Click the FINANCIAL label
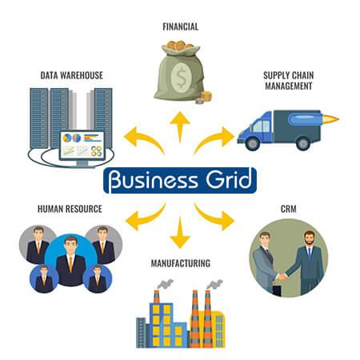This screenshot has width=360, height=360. [181, 26]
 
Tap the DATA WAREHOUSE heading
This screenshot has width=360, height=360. [72, 75]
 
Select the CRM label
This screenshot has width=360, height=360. [289, 209]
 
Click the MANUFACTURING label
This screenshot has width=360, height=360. [181, 263]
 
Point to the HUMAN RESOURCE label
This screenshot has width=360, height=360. [70, 209]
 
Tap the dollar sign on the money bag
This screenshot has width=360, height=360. [182, 78]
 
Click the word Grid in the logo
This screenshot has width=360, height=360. [229, 179]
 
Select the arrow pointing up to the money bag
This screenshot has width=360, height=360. [180, 126]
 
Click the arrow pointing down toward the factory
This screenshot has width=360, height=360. [180, 233]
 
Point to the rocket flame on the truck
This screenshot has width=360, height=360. [330, 119]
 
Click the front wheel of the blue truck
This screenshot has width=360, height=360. [252, 143]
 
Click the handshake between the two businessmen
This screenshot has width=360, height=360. [282, 277]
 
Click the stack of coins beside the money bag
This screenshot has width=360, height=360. [206, 96]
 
